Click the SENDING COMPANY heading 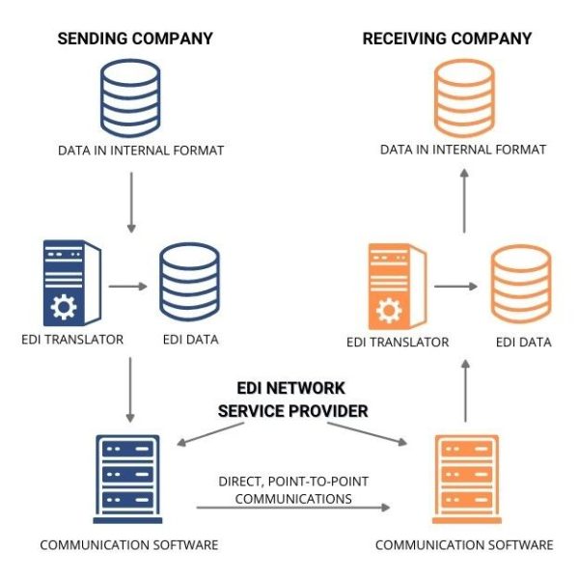pos(135,39)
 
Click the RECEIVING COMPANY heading pos(447,39)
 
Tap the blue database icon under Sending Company pos(130,97)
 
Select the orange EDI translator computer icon pos(395,287)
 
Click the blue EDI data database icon pos(189,285)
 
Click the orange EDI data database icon pos(522,287)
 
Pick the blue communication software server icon pos(129,474)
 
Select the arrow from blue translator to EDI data pos(126,286)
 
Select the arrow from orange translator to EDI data pos(455,287)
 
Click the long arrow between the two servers pos(294,507)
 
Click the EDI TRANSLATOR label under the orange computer pos(398,342)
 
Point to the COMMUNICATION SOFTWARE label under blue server pos(129,545)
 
